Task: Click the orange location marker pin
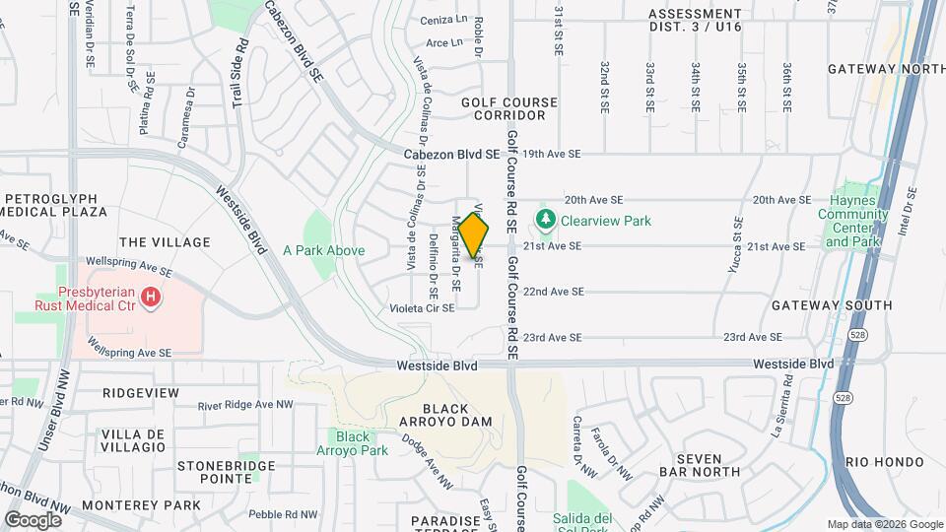click(474, 234)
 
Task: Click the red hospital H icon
click(150, 297)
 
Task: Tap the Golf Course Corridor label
click(508, 108)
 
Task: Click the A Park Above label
click(323, 250)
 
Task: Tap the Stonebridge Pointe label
click(215, 472)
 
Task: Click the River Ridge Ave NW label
click(245, 405)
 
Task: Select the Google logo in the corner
click(34, 519)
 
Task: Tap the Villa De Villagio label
click(133, 440)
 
